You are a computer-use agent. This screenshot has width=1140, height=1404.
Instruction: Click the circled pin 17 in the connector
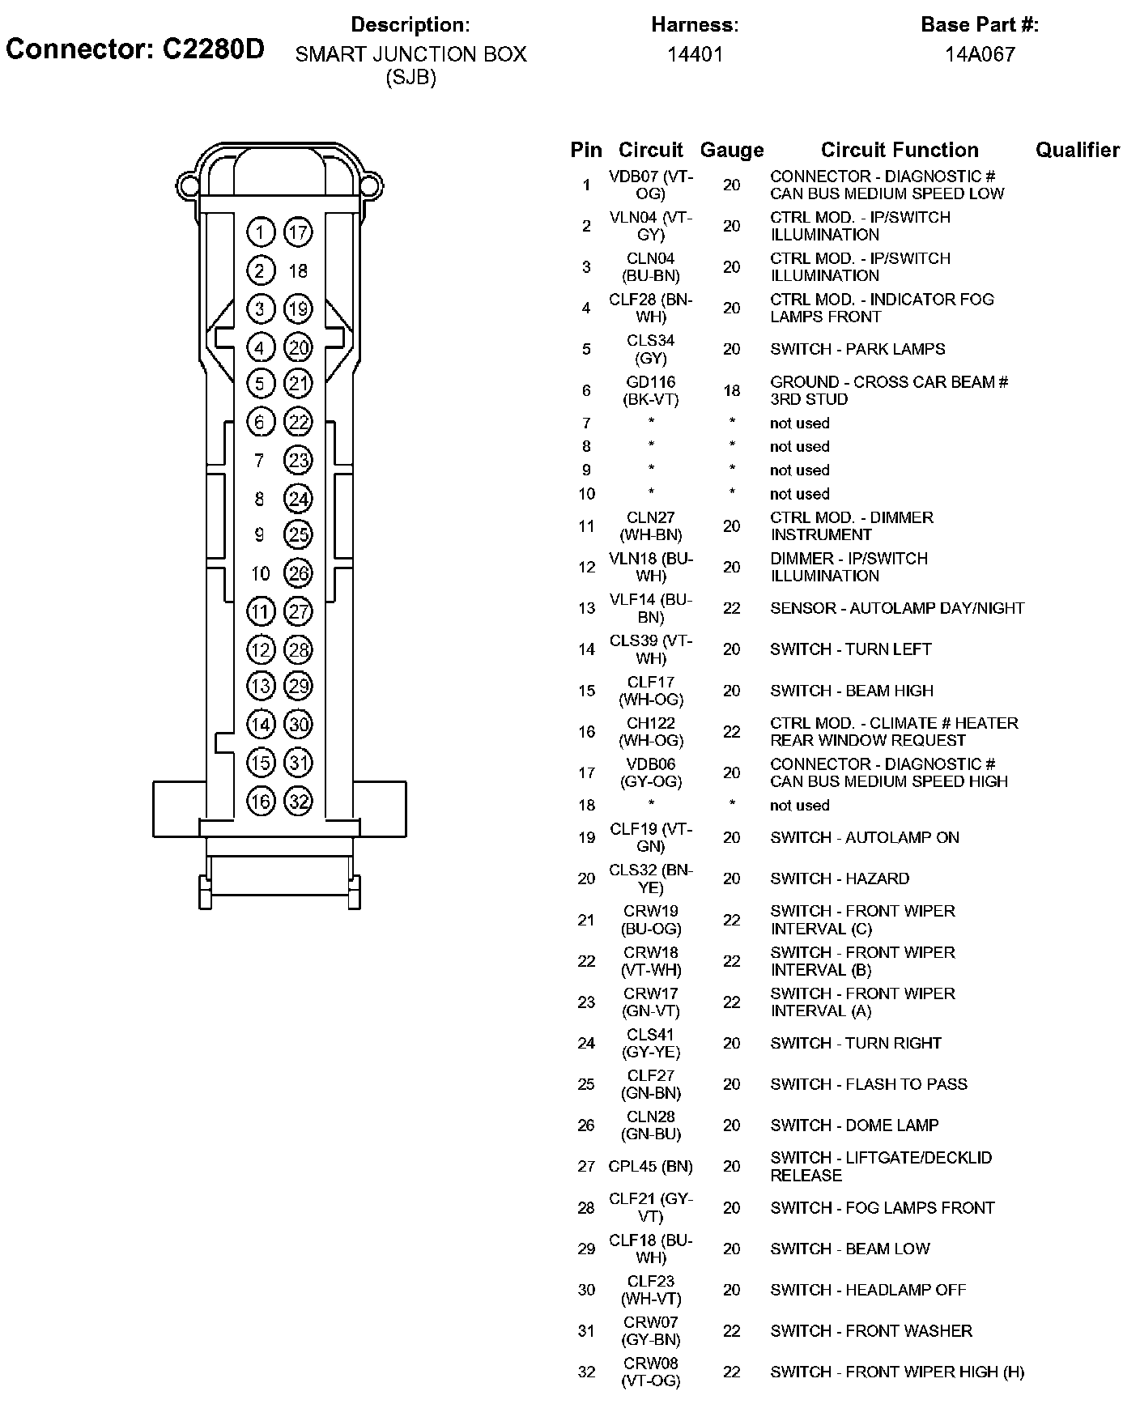298,233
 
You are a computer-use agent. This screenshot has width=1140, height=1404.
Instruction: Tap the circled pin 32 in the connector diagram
299,802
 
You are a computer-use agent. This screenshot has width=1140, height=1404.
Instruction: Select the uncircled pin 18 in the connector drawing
298,271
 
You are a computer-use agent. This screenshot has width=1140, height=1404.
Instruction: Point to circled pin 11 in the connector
260,611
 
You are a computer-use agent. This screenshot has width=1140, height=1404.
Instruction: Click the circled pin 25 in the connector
299,534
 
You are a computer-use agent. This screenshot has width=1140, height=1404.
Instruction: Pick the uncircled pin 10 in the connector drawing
260,574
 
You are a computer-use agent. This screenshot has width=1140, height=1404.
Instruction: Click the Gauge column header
732,150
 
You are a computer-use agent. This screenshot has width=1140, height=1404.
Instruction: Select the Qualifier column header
1077,150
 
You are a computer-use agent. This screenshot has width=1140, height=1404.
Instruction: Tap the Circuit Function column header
900,150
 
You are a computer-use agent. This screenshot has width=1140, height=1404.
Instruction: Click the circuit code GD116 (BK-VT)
651,390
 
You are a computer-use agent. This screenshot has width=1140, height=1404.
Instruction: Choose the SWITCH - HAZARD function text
840,879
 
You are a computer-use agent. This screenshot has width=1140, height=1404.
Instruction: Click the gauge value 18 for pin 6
732,391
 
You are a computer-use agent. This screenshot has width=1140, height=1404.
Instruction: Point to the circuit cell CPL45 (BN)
651,1167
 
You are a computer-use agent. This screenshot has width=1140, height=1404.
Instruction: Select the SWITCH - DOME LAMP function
854,1125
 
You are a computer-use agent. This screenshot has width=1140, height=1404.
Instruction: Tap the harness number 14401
695,54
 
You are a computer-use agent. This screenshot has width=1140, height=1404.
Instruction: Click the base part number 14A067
980,54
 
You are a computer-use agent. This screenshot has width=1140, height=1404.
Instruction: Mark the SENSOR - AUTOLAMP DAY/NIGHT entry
897,608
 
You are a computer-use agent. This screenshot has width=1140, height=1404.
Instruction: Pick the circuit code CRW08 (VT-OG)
651,1372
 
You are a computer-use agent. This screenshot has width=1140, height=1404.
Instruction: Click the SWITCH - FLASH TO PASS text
869,1084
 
